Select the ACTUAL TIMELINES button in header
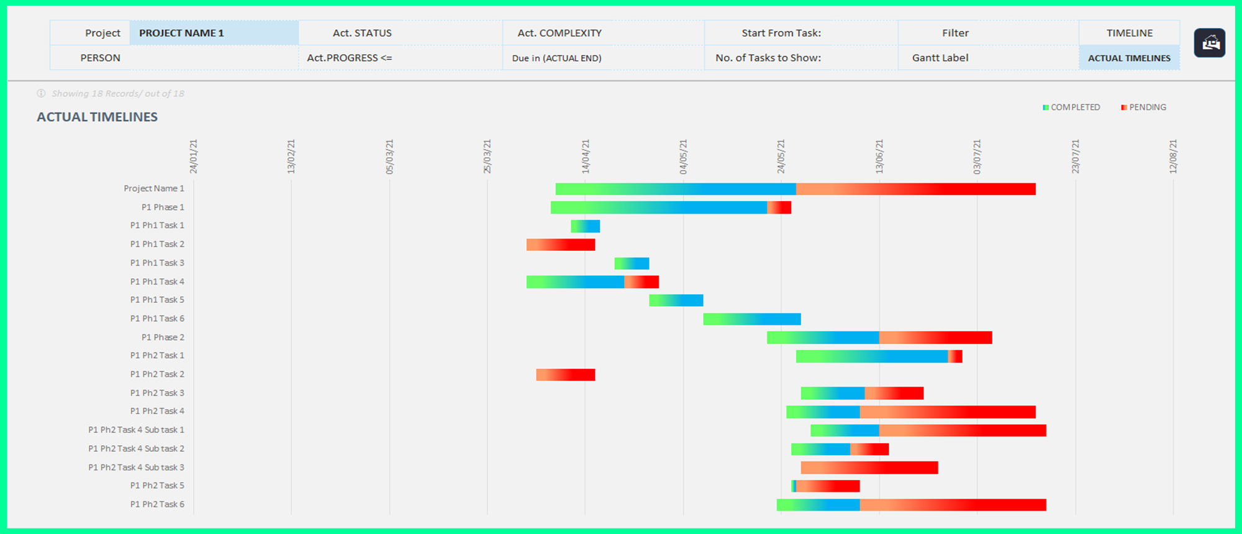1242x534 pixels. (x=1128, y=58)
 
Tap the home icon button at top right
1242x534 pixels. (x=1209, y=43)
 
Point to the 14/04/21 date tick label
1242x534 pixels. (x=585, y=156)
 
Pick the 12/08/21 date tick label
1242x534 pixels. (x=1173, y=156)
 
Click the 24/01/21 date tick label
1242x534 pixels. (x=193, y=156)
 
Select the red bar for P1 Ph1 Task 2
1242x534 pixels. (x=561, y=245)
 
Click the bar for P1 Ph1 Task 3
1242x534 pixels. (x=632, y=263)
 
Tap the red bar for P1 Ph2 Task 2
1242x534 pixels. (x=565, y=374)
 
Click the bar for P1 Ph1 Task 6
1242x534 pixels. (x=751, y=319)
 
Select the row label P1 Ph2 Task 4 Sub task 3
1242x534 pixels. (x=136, y=467)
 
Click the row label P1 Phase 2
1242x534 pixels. (x=163, y=337)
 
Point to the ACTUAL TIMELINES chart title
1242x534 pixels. (x=97, y=117)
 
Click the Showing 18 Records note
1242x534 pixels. (x=117, y=94)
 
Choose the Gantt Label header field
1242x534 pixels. (x=940, y=58)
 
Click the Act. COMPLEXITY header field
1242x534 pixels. (x=559, y=33)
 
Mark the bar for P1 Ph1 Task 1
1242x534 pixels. (x=585, y=226)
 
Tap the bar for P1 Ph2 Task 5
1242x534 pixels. (x=826, y=486)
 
